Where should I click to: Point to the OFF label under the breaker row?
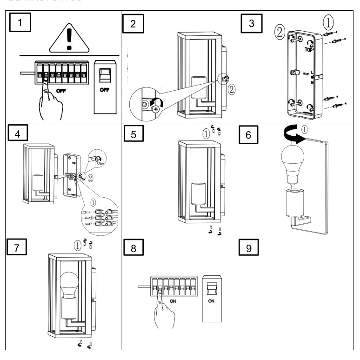(61, 91)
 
